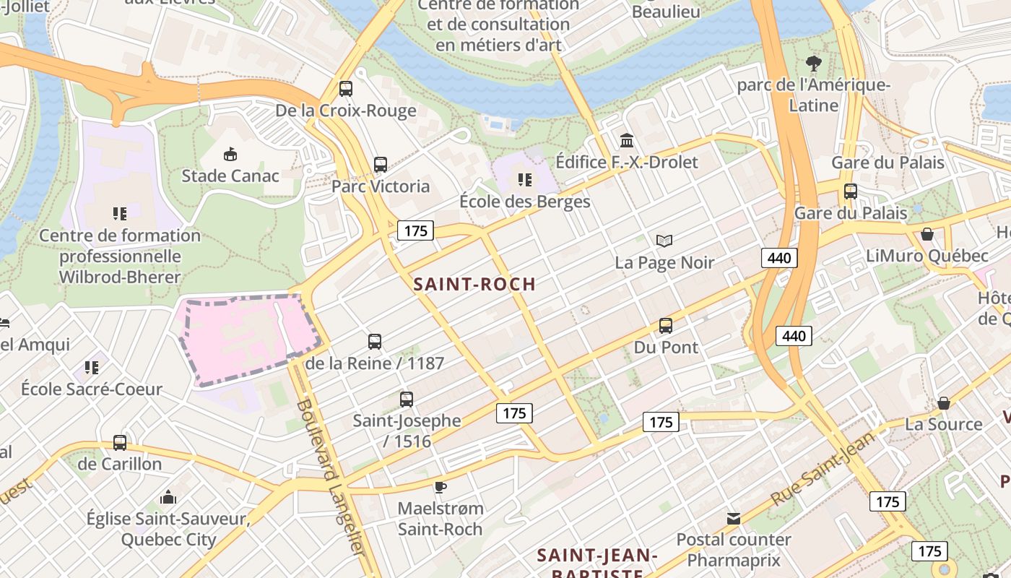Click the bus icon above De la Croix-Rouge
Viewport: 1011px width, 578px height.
tap(346, 89)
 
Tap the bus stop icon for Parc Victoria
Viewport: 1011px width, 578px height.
tap(381, 165)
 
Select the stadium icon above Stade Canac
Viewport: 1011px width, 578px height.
tap(230, 154)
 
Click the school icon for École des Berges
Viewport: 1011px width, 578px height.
tap(525, 180)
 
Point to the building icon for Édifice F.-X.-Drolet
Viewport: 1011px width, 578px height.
tap(627, 140)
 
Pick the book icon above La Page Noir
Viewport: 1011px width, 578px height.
tap(664, 241)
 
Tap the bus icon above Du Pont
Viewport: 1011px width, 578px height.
tap(666, 326)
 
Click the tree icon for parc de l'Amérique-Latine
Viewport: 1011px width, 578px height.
tap(814, 64)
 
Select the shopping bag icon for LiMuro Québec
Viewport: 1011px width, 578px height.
tap(927, 234)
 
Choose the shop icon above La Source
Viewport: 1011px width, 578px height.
tap(944, 402)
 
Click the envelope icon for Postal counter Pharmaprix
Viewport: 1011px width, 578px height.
tap(734, 518)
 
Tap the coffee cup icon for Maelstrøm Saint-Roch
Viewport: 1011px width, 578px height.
tap(441, 487)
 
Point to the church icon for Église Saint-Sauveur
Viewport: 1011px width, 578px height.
tap(168, 497)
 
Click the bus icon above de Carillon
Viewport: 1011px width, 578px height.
tap(120, 442)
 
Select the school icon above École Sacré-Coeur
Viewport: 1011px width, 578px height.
tap(92, 368)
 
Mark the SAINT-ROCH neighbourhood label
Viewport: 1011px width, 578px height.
tap(474, 284)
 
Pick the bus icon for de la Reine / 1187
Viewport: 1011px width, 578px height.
tap(375, 342)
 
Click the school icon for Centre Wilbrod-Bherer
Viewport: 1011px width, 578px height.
tap(120, 213)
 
